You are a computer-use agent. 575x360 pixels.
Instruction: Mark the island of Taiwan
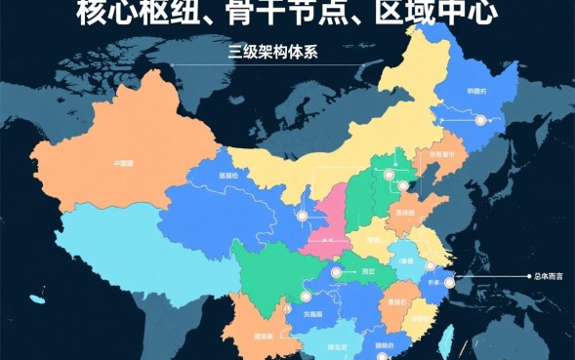point(451,338)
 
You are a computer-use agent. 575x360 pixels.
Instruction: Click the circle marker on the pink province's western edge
point(302,217)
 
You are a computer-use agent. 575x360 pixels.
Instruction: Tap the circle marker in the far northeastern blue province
point(480,120)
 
